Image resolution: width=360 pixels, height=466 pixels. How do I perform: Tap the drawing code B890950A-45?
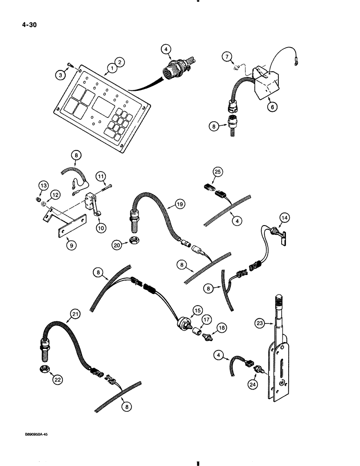coord(32,434)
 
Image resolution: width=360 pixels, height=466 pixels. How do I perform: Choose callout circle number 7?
coord(227,57)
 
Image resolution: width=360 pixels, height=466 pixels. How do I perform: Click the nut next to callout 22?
coord(45,369)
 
